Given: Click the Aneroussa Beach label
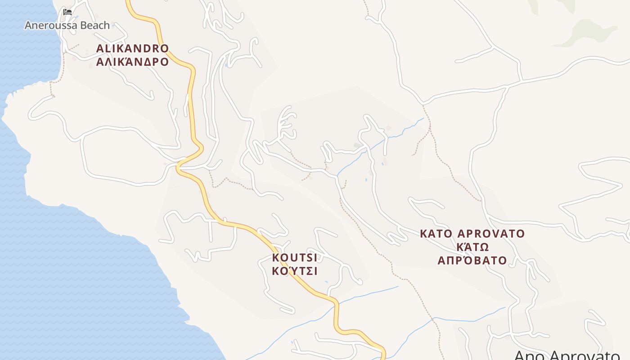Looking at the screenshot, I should [x=67, y=25].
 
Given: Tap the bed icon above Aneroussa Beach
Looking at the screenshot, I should [x=67, y=12].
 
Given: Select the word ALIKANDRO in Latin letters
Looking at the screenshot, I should [x=132, y=49].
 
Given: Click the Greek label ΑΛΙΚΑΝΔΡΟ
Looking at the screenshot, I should [x=132, y=62].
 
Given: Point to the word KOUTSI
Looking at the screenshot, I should [x=295, y=258].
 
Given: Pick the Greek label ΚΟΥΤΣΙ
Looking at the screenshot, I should [x=295, y=271].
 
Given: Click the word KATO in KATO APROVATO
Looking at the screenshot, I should [x=436, y=234].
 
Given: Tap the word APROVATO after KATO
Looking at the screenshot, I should [x=491, y=234].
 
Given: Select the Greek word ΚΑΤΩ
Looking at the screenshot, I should [x=472, y=247].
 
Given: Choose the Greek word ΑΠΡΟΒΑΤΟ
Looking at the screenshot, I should [x=472, y=261].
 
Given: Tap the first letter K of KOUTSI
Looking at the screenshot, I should [x=276, y=258].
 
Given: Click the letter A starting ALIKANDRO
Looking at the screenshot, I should [x=100, y=49].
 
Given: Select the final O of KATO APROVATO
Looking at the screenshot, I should [x=521, y=234].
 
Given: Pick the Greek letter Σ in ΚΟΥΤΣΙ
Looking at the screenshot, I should [x=307, y=271].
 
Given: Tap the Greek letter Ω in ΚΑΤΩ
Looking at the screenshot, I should [x=484, y=247].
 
